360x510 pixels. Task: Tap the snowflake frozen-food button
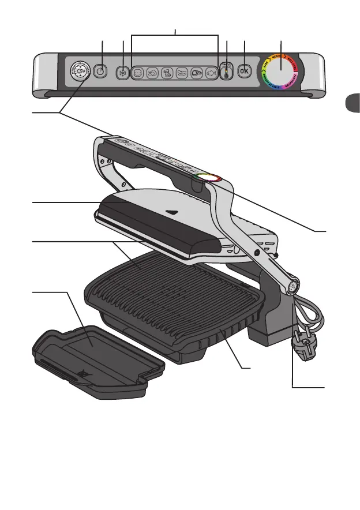tap(122, 73)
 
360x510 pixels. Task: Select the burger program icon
tap(138, 73)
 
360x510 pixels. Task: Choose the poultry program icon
tap(153, 73)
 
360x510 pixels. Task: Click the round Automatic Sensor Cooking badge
tap(80, 72)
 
